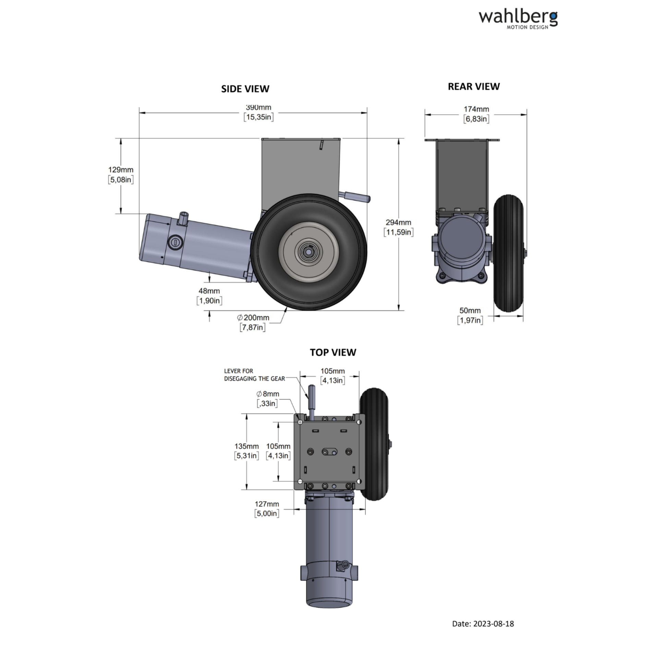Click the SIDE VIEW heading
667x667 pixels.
pos(245,89)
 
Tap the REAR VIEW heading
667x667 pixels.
pos(474,86)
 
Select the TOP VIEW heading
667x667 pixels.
pos(333,352)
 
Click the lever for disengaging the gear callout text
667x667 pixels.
pos(254,375)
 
